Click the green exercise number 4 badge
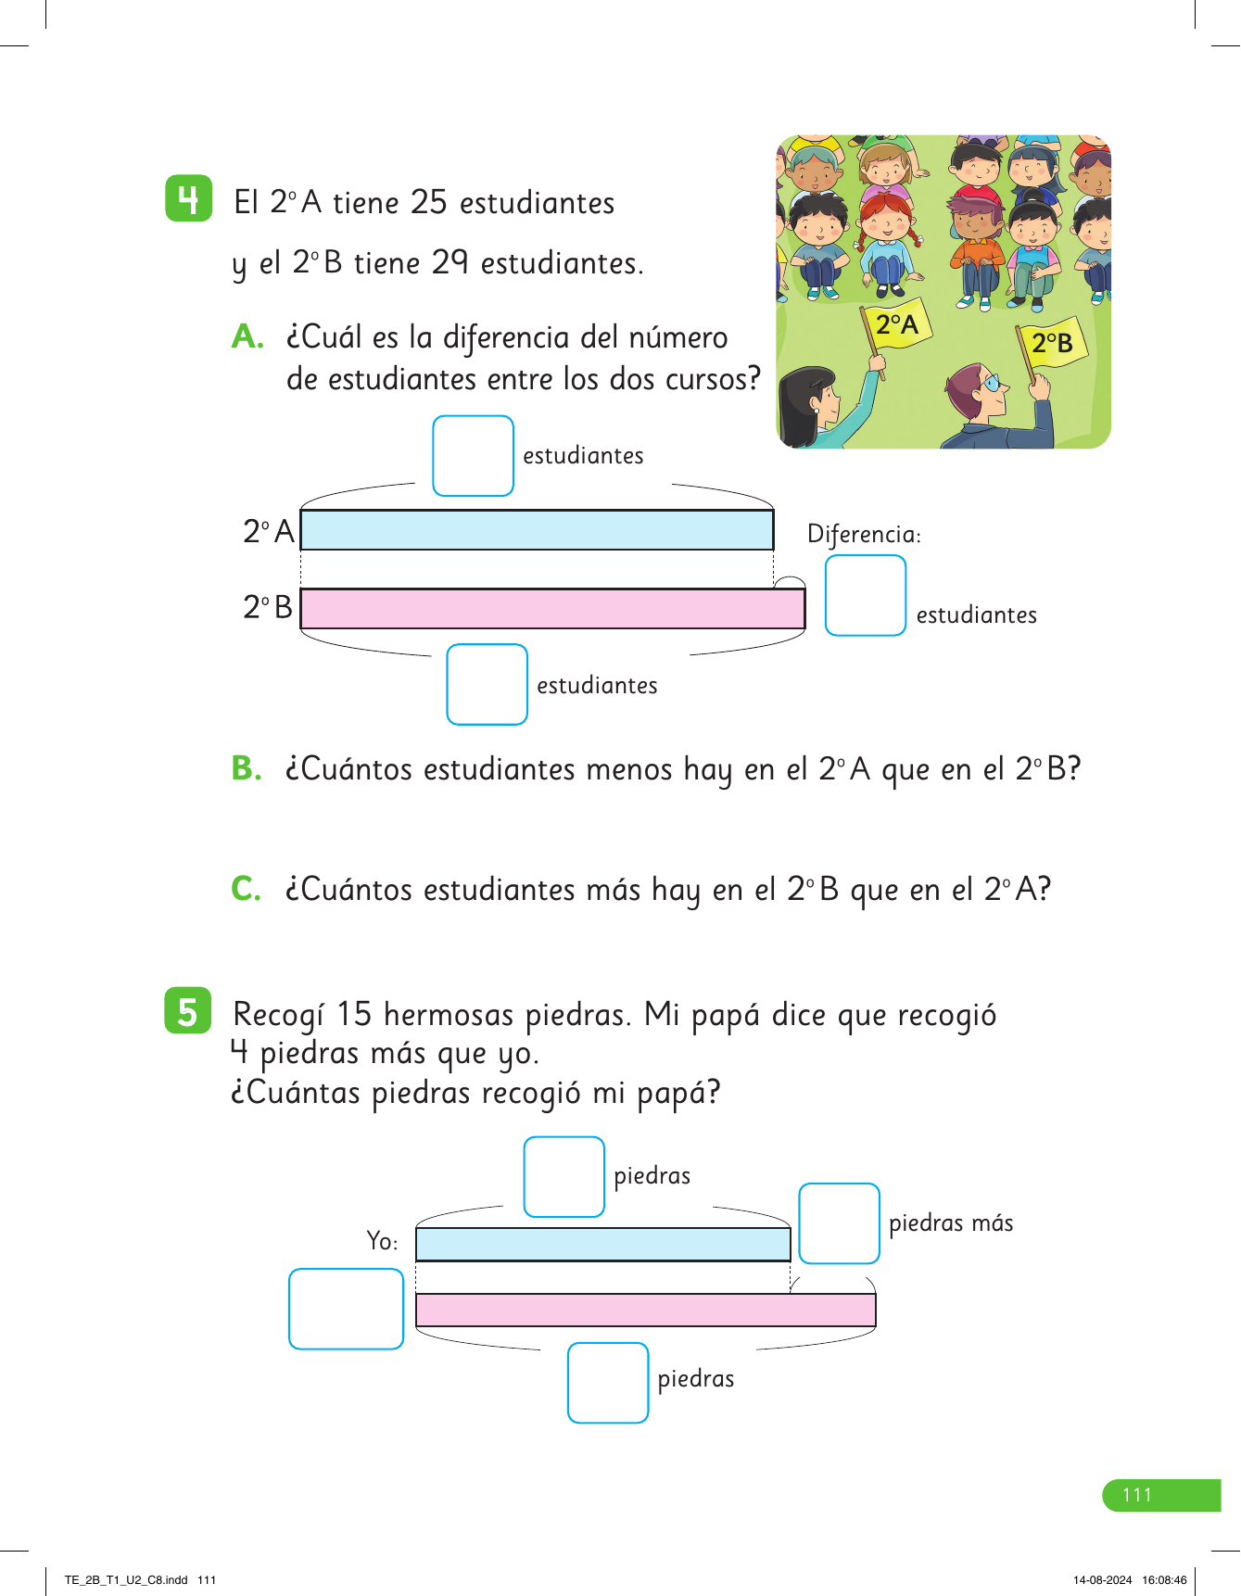click(188, 198)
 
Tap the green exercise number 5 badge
click(188, 1011)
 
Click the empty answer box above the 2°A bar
click(473, 456)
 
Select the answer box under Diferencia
click(865, 595)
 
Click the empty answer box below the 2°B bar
click(487, 684)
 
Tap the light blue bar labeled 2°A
click(537, 530)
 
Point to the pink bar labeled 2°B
click(552, 609)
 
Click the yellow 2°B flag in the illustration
click(1053, 344)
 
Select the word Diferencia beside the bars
click(863, 535)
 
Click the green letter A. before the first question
click(247, 336)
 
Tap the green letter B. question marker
click(247, 768)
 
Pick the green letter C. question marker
click(247, 889)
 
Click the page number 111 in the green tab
click(1137, 1495)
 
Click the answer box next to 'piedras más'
click(839, 1222)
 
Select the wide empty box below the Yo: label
click(346, 1309)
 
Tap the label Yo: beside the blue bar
click(382, 1241)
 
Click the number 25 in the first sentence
click(428, 202)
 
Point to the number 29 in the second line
click(450, 263)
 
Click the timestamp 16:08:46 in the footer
click(1164, 1580)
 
